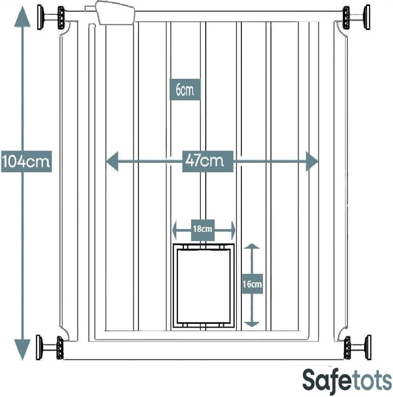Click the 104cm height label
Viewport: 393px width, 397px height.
26,161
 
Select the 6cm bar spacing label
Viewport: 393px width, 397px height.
185,89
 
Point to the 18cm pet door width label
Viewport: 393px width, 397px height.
203,230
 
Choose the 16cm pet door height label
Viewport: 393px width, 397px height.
252,284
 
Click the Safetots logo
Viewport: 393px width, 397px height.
347,380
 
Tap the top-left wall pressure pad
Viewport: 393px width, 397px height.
40,17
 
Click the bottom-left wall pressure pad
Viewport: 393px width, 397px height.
39,347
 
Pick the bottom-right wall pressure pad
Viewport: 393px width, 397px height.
368,347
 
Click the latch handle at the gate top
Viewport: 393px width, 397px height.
116,13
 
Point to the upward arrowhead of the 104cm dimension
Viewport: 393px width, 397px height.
22,16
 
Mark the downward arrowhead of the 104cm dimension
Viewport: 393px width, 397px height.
22,349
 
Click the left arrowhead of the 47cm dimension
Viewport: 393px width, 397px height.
112,161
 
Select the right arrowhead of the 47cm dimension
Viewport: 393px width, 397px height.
312,161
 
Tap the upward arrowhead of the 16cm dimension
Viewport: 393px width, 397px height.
252,246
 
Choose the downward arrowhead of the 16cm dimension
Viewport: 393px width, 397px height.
252,324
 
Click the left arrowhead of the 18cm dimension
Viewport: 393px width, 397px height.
175,230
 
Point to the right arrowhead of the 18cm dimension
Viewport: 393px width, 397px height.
233,230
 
